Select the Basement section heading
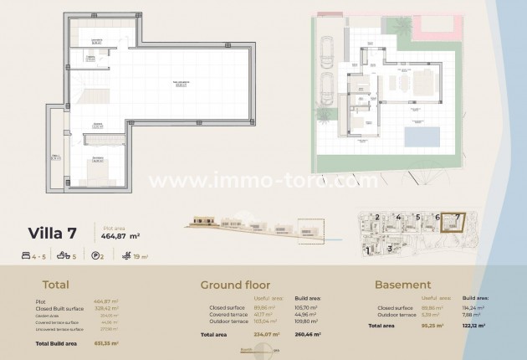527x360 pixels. point(403,285)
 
